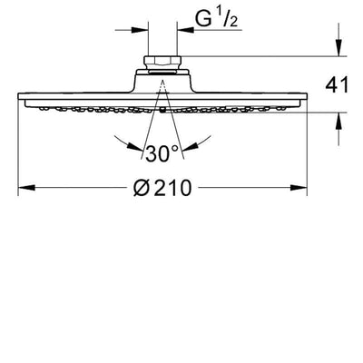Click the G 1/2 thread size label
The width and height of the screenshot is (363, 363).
click(216, 18)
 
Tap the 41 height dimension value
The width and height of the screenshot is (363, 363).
click(337, 85)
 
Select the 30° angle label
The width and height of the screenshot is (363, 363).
click(162, 153)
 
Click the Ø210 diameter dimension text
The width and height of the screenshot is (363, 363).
click(162, 188)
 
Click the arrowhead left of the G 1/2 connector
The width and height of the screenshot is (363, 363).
click(140, 30)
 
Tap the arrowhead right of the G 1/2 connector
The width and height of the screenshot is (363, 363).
click(185, 30)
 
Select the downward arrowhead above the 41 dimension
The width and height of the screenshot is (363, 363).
click(338, 47)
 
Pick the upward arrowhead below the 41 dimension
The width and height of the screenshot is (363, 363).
click(338, 122)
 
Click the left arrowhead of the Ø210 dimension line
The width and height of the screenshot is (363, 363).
click(26, 188)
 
